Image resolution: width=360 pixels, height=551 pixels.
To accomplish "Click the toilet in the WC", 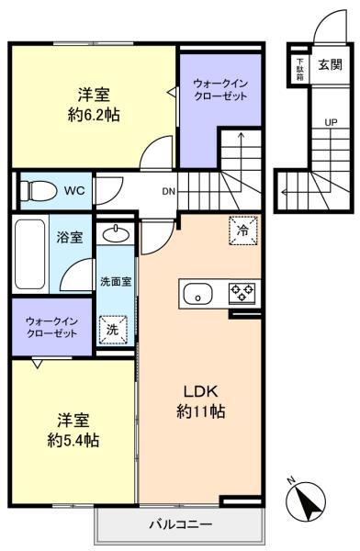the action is [39, 191].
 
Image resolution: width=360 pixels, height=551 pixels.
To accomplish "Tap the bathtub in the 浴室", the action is [30, 253].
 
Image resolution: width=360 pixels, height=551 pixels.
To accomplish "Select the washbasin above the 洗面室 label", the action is [115, 233].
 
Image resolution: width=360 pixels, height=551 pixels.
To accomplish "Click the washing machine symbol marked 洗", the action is [113, 330].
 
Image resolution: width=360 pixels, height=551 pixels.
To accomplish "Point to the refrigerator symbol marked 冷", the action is [243, 231].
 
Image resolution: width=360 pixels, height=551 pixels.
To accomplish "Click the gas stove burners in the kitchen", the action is [242, 293].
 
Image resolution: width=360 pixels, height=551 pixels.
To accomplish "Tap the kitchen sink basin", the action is [198, 294].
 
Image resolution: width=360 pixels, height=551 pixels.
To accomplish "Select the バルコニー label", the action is [181, 524].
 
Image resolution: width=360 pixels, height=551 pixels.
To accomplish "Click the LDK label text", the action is [201, 391].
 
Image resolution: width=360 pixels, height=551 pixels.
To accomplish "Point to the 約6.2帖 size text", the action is [94, 115].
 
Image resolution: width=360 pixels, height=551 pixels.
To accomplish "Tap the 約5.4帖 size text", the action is [73, 440].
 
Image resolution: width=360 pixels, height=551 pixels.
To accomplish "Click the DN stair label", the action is [168, 192].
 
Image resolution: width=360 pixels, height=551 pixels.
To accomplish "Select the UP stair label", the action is [331, 123].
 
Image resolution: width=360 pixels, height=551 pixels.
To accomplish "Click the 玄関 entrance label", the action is [330, 64].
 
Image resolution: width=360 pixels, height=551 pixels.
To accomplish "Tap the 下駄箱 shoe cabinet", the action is [300, 69].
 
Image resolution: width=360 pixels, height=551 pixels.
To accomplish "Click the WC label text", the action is [74, 191].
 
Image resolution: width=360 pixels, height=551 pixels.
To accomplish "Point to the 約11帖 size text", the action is [201, 411].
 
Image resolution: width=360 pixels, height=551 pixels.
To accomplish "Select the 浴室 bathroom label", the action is [70, 238].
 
